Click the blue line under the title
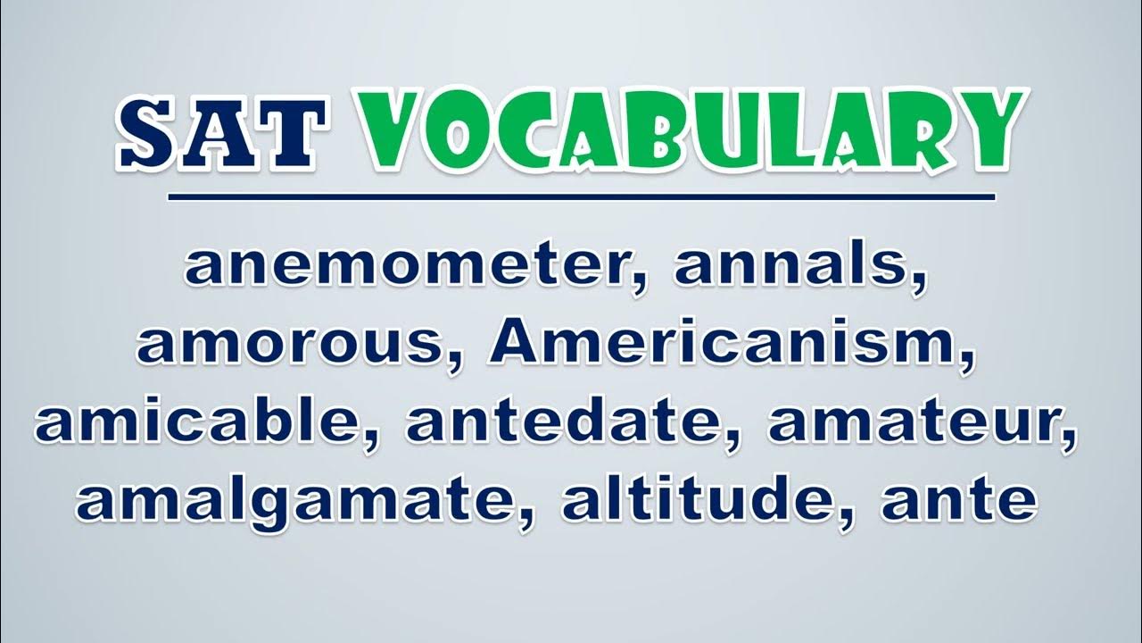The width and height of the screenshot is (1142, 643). pos(582,197)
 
